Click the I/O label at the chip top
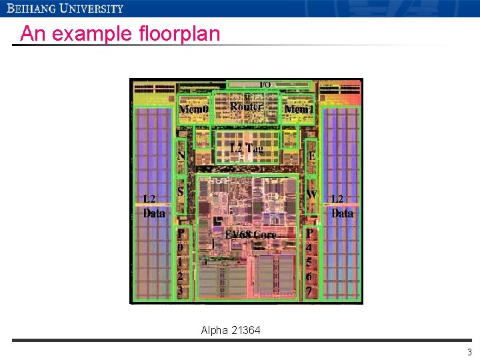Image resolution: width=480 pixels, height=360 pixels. click(x=265, y=85)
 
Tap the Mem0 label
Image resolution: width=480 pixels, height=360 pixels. click(x=194, y=109)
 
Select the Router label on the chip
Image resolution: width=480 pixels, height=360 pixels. click(x=246, y=106)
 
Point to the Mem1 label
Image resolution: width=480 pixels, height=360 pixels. click(x=299, y=109)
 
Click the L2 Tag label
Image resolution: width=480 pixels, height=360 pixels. click(x=246, y=148)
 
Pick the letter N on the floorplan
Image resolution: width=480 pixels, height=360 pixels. click(x=181, y=156)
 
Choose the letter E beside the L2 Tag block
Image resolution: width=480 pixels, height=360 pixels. click(x=311, y=156)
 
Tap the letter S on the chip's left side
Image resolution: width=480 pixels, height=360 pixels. click(x=181, y=191)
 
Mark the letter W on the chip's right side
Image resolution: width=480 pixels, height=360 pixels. click(x=311, y=194)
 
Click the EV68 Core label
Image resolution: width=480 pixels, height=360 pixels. click(x=251, y=235)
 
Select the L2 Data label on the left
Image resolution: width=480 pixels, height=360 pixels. click(x=154, y=207)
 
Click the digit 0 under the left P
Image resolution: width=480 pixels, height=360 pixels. click(x=180, y=247)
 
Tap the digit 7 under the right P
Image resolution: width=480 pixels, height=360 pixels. click(x=309, y=291)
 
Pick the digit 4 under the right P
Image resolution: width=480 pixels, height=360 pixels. click(x=309, y=247)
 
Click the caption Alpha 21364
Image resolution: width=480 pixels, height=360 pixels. click(x=231, y=330)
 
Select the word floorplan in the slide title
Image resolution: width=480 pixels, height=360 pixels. click(x=179, y=33)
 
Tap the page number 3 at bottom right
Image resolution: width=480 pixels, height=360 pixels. click(x=469, y=353)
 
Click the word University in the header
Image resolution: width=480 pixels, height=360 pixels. click(x=91, y=9)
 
